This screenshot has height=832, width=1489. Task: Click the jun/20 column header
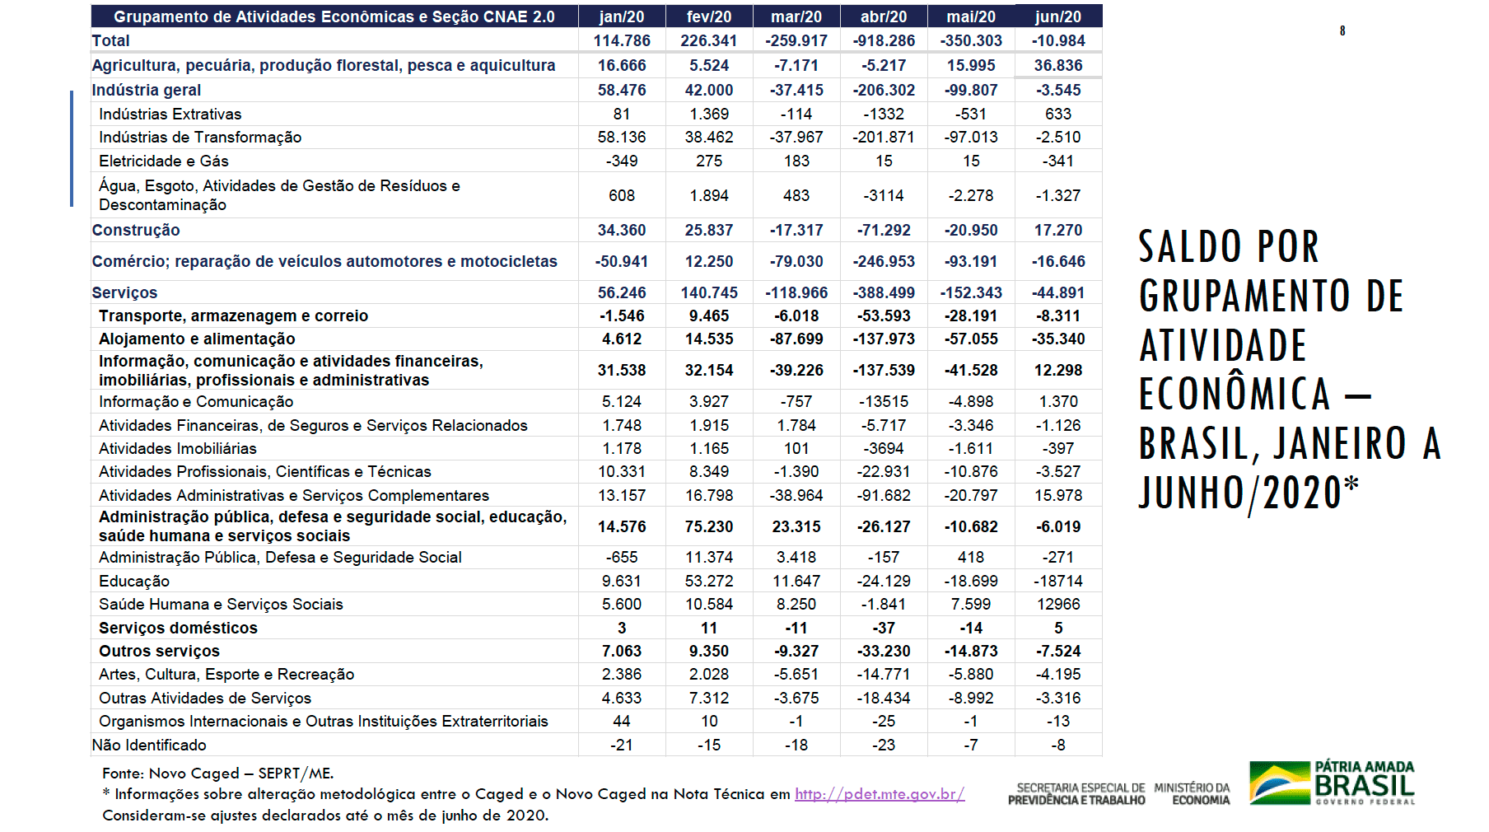pos(1058,16)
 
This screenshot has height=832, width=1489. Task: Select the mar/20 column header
pos(796,16)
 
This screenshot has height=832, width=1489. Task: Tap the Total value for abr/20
pos(884,40)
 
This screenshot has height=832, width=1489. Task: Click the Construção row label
pos(136,230)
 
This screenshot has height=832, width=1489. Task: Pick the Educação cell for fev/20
pos(709,581)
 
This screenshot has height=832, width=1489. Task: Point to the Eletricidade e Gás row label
pos(164,161)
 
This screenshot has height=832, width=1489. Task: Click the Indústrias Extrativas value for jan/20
pos(622,114)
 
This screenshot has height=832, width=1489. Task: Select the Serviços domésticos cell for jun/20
pos(1058,628)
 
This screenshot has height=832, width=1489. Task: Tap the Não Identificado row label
pos(149,745)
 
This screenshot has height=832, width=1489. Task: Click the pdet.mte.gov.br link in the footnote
pos(880,794)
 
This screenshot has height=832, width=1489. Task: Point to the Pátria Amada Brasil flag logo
pos(1278,783)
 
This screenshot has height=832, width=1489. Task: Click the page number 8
pos(1342,31)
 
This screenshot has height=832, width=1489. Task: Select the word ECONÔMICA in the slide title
pos(1235,395)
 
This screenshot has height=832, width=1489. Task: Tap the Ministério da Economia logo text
pos(1192,794)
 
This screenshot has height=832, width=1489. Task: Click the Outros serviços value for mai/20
pos(971,651)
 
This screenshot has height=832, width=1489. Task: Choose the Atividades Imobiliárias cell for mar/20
pos(796,448)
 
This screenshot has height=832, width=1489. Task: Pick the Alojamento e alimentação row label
pos(197,339)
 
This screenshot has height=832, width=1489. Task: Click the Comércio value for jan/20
pos(622,261)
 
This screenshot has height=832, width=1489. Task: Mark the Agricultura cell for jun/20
pos(1058,65)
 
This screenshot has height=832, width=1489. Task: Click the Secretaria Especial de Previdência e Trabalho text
pos(1076,794)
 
